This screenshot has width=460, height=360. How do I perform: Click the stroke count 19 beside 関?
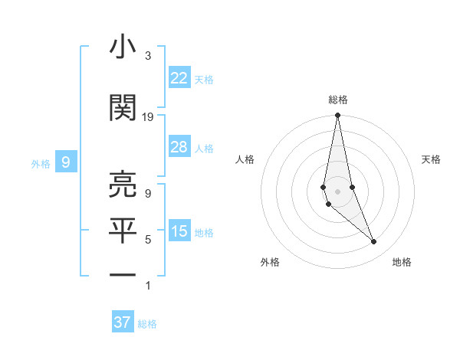[x=148, y=117]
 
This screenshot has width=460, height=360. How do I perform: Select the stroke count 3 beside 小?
[x=148, y=56]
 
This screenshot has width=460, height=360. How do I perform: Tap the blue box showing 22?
[x=179, y=77]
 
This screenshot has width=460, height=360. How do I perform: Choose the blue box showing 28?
[x=179, y=147]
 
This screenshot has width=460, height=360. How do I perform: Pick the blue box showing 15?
[x=179, y=231]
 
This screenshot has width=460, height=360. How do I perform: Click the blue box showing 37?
[x=123, y=322]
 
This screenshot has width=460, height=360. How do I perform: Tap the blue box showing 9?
[x=66, y=162]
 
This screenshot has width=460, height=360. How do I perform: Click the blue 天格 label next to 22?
[x=204, y=79]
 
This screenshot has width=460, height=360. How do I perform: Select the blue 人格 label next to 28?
[x=204, y=148]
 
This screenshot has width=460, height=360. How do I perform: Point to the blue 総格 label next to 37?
[x=147, y=324]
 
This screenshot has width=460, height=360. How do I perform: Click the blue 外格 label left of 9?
[x=41, y=163]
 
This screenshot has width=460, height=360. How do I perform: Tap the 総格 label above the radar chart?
[x=337, y=100]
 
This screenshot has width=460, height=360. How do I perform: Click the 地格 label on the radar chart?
[x=402, y=262]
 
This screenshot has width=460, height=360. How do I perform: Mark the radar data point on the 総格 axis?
[x=337, y=116]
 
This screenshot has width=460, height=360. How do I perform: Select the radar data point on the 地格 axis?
[x=374, y=242]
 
